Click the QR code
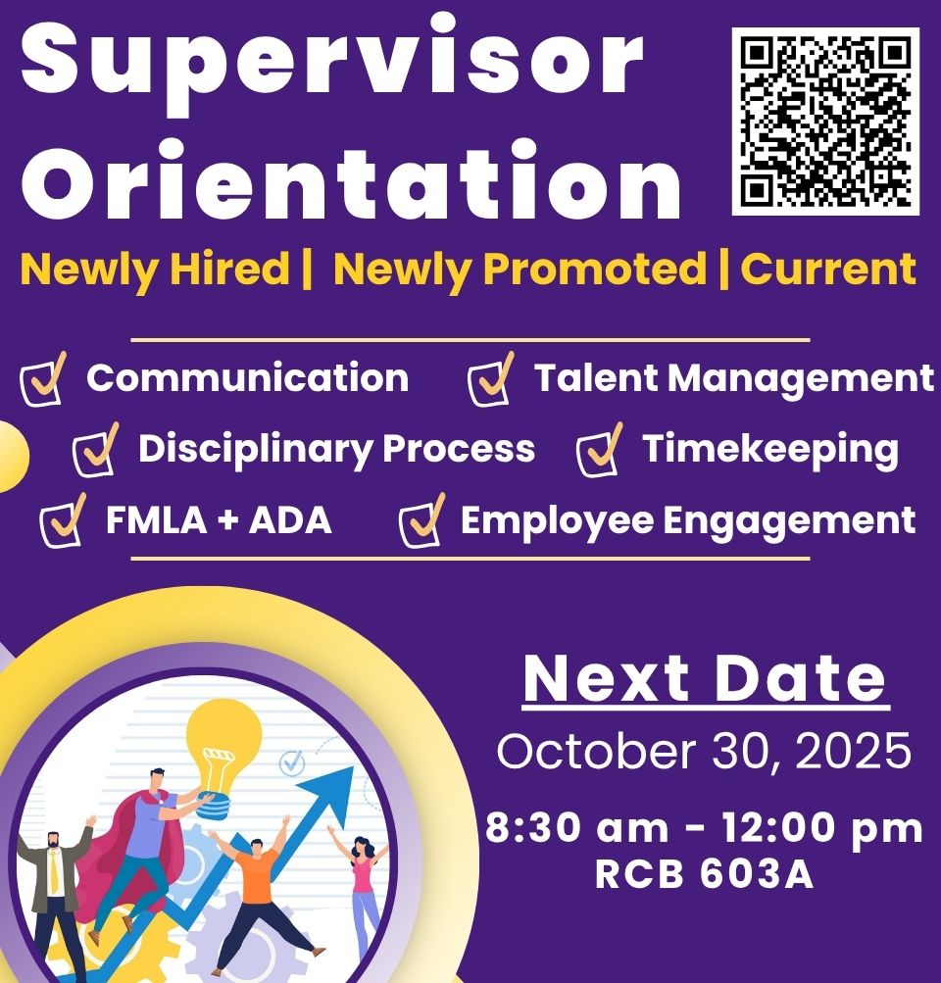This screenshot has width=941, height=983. click(x=825, y=121)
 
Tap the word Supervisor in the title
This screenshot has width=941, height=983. click(x=333, y=64)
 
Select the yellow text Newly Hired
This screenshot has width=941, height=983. click(x=155, y=270)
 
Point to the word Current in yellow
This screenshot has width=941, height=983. click(x=828, y=269)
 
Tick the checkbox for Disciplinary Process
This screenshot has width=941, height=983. click(x=95, y=450)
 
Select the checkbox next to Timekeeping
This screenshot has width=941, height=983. click(x=599, y=450)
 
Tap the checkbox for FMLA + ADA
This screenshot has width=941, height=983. click(x=63, y=520)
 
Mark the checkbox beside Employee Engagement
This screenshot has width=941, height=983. click(x=421, y=520)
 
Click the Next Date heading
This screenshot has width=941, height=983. click(x=706, y=678)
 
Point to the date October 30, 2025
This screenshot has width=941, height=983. click(x=704, y=751)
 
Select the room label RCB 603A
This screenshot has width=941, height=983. click(x=704, y=874)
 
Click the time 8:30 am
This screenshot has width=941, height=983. click(x=576, y=827)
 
